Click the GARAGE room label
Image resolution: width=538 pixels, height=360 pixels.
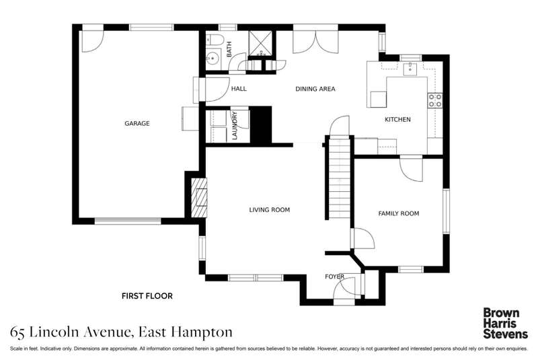[137, 123]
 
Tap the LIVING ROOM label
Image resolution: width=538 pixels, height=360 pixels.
[270, 210]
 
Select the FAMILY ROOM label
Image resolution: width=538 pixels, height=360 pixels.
[399, 213]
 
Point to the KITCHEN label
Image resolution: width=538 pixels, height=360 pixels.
[397, 119]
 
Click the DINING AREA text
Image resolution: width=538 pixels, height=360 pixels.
[315, 89]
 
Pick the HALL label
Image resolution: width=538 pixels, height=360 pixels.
[239, 89]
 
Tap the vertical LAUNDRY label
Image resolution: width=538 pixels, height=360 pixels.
[235, 125]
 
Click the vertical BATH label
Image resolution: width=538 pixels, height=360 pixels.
[229, 49]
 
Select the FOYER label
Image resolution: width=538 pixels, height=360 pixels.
[334, 277]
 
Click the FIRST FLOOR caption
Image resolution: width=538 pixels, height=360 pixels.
[147, 296]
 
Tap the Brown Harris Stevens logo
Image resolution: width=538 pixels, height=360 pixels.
[506, 323]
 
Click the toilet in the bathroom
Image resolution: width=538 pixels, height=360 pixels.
[215, 40]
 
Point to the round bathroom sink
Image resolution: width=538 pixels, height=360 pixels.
[213, 58]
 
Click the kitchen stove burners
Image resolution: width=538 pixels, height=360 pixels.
[435, 100]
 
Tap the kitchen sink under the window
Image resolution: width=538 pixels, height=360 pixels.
[410, 69]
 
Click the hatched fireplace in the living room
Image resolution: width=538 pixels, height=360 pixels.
[199, 197]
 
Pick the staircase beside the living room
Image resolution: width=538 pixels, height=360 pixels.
[340, 178]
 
